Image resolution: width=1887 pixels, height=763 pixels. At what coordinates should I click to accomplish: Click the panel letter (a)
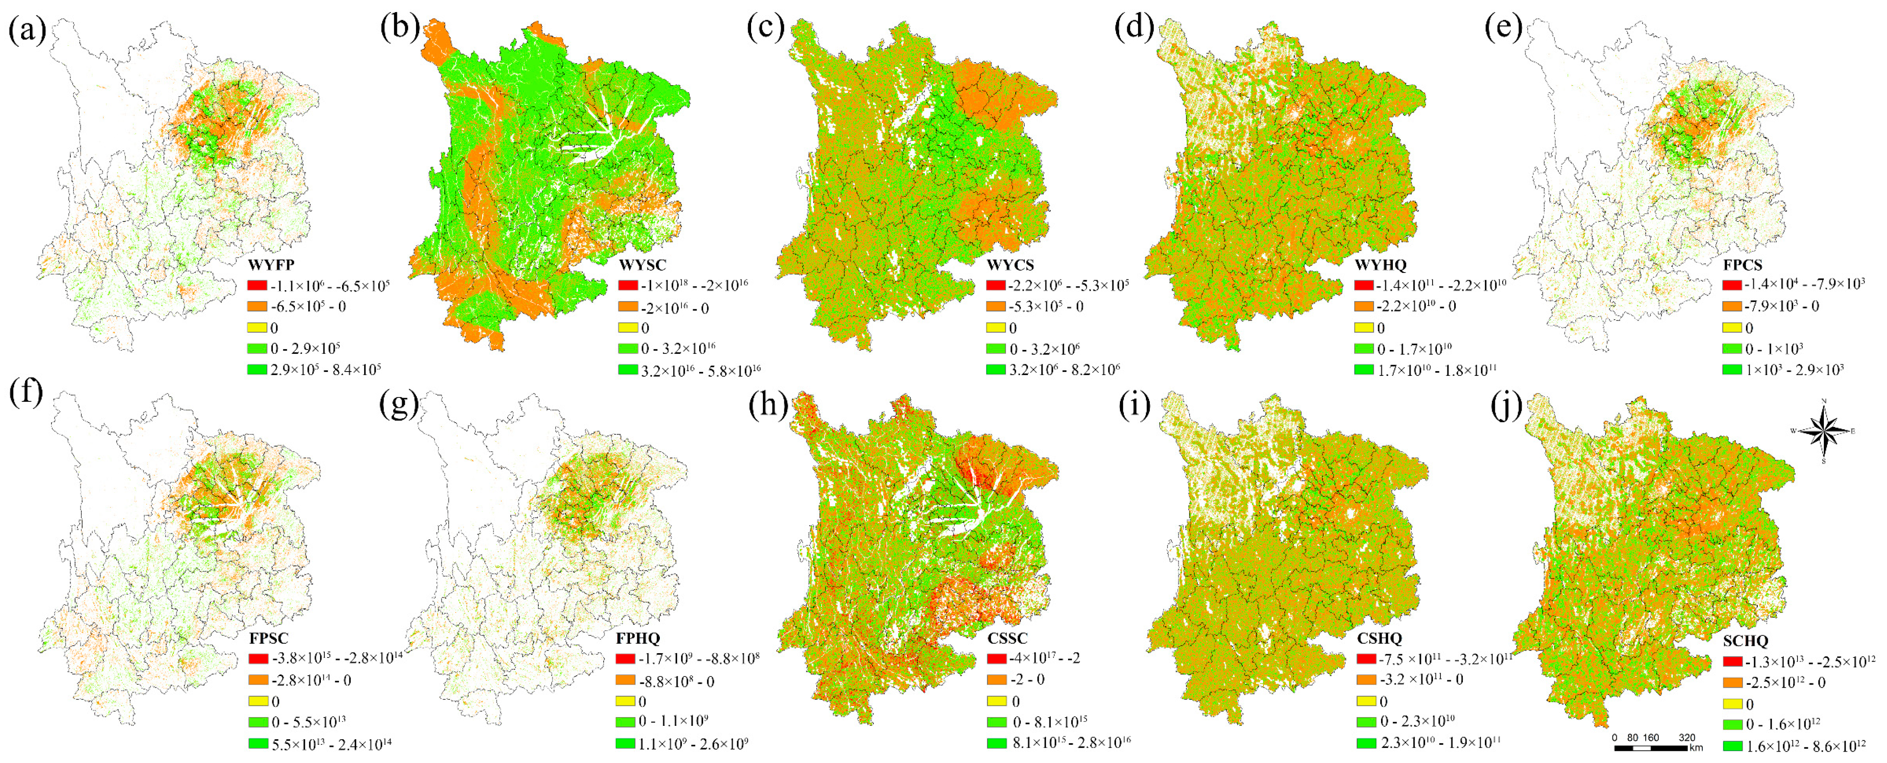27,30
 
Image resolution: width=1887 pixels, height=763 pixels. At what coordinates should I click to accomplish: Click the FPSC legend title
269,638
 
